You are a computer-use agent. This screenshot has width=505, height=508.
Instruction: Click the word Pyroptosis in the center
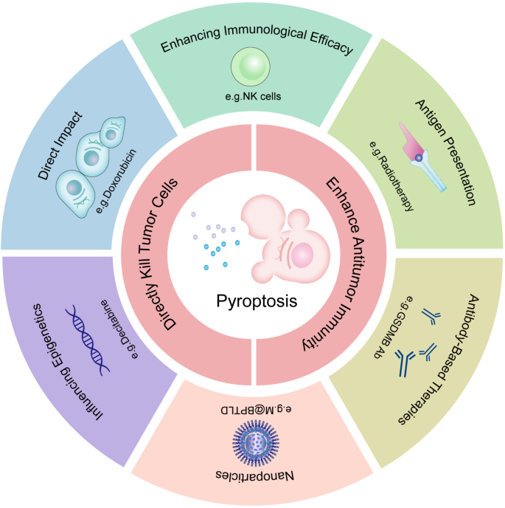click(x=253, y=301)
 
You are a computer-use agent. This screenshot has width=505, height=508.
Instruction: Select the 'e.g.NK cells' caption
click(x=253, y=97)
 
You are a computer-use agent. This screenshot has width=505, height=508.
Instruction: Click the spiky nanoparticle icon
click(x=253, y=442)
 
